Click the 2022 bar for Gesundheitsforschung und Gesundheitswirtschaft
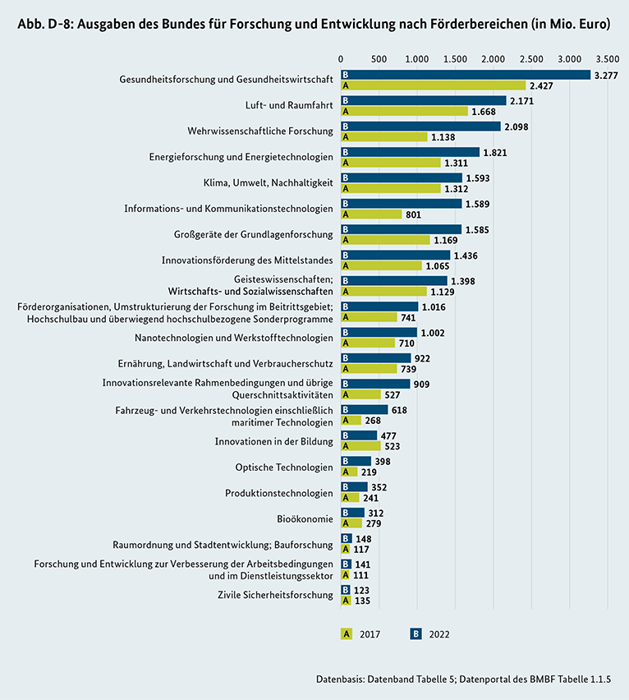tap(466, 75)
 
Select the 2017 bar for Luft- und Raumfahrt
tap(404, 111)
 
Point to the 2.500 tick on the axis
tap(531, 59)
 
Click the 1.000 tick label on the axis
tap(417, 59)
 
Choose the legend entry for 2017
tap(360, 633)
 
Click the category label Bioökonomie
tap(305, 518)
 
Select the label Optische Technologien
tap(284, 467)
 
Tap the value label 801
tap(414, 214)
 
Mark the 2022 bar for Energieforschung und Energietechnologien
tap(410, 152)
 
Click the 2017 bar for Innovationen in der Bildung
tap(360, 446)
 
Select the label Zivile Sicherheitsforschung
tap(275, 595)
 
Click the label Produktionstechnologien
tap(279, 493)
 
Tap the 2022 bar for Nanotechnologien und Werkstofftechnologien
tap(379, 332)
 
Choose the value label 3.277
tap(606, 75)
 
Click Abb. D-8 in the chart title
tap(43, 25)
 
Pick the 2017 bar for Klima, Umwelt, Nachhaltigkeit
tap(391, 188)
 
